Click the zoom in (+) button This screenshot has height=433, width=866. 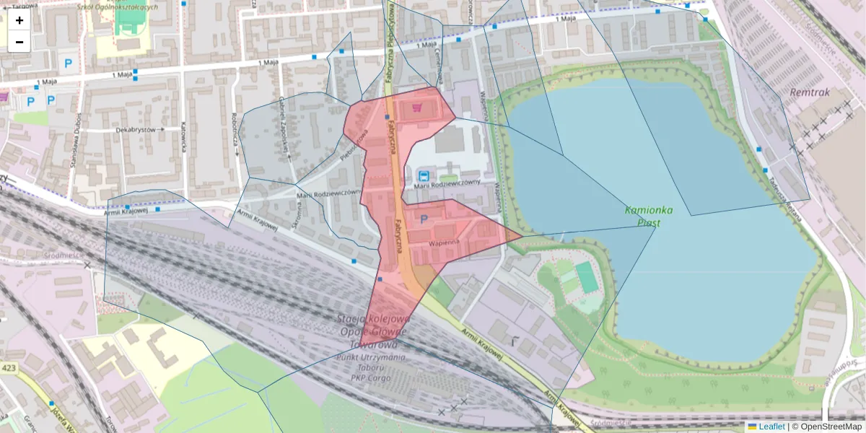click(x=19, y=20)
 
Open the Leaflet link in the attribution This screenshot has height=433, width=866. click(x=771, y=427)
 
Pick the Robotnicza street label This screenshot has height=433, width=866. click(x=235, y=129)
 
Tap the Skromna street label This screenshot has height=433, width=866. click(x=299, y=214)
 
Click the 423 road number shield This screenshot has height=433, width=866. click(x=9, y=368)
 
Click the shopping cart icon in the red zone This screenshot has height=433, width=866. click(x=416, y=108)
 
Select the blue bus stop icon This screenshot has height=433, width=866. click(x=423, y=175)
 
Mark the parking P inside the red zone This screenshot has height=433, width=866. click(x=424, y=219)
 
